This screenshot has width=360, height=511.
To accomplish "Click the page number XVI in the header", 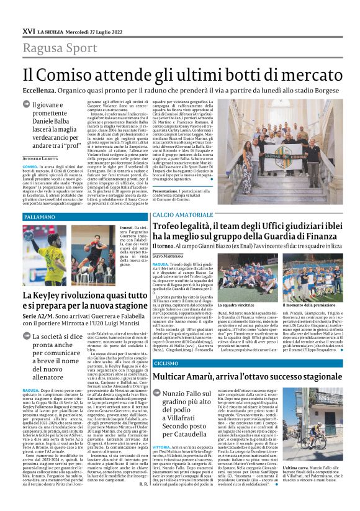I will [28, 30].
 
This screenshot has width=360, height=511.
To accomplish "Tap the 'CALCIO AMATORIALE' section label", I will [179, 214].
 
